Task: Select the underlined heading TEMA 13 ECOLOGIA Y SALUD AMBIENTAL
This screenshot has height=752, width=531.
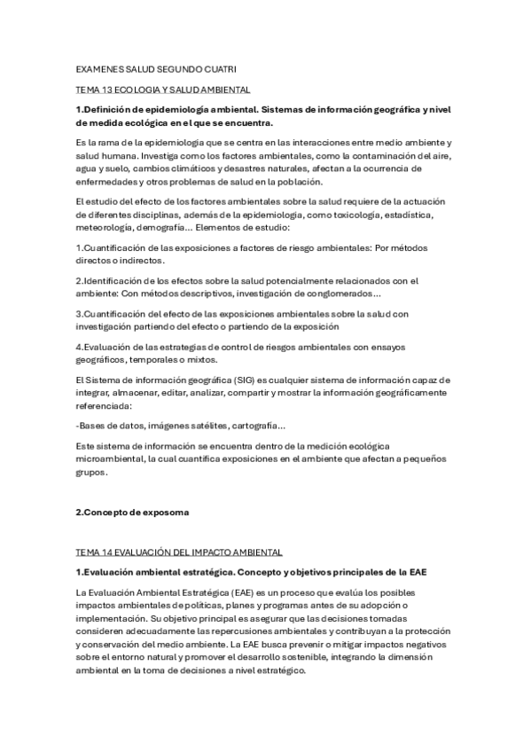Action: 163,90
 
